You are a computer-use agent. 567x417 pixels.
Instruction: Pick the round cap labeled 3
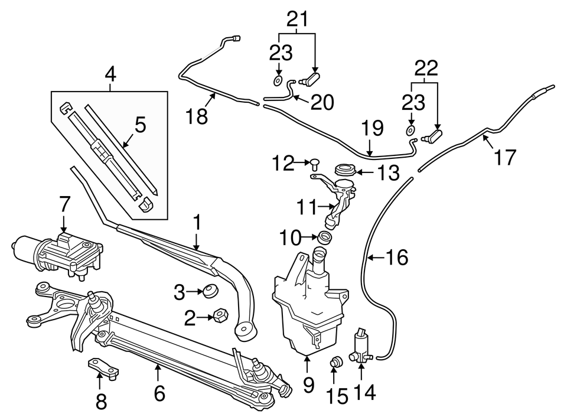click(x=210, y=291)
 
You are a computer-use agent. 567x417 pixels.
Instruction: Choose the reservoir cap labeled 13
click(x=344, y=171)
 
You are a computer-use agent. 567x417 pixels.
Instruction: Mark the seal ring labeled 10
click(x=325, y=238)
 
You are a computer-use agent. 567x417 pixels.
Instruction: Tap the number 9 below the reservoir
click(x=308, y=385)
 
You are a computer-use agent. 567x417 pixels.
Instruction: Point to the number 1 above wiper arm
click(x=197, y=223)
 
